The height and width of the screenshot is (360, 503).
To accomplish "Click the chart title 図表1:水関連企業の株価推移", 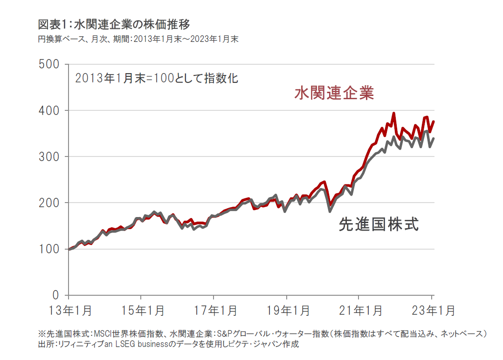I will coord(114,23).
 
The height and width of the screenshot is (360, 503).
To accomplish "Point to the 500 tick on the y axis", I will coord(48,64).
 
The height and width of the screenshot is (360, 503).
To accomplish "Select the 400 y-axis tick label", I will coord(48,110).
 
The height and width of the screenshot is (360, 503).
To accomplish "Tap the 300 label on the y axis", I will coord(48,156).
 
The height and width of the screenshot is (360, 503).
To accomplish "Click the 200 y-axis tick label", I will coord(48,203).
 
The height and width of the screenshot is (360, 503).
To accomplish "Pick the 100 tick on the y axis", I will coord(48,249).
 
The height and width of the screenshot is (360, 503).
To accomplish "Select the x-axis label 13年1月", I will coord(69,310).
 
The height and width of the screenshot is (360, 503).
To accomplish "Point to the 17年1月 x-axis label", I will coord(214,310).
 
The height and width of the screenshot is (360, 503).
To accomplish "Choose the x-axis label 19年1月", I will coord(286,310).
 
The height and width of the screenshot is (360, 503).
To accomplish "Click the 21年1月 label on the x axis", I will coord(358,310).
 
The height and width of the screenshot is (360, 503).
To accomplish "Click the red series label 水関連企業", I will coord(334,93).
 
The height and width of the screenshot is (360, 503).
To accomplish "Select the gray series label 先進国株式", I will coord(378,225).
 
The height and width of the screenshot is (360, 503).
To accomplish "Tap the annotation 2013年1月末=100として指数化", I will coord(157,78).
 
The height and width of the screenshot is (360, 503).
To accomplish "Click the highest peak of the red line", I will coord(393,113).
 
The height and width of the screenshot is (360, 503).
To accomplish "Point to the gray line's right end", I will coord(434,138).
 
